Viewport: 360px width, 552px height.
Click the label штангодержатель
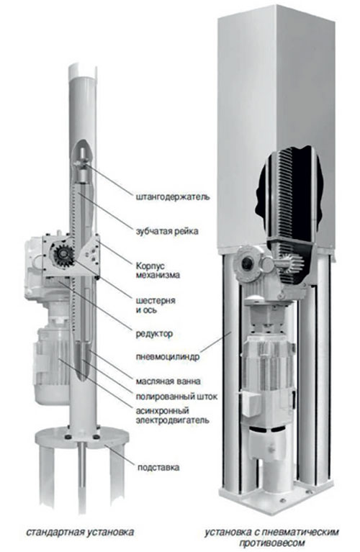(173, 196)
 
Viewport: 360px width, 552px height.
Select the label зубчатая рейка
(167, 231)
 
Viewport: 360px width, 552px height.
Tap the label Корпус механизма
(158, 270)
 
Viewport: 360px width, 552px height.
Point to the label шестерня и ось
(156, 305)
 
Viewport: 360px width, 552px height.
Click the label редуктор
(154, 333)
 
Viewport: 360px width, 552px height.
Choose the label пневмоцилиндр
(168, 356)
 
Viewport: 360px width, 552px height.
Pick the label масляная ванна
(168, 381)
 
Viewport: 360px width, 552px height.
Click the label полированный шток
(176, 397)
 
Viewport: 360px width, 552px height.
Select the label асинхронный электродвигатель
(172, 415)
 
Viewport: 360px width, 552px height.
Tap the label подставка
(158, 468)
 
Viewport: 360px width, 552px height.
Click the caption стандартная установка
(80, 532)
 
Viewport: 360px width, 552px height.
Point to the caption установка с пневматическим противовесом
(271, 536)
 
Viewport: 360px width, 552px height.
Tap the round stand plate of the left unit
(82, 438)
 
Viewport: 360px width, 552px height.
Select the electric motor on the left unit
(52, 366)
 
